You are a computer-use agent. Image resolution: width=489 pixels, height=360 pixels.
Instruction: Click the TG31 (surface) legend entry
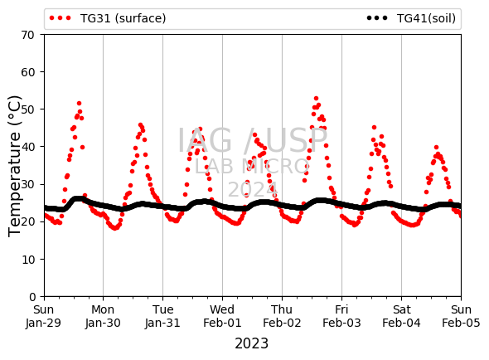(108, 18)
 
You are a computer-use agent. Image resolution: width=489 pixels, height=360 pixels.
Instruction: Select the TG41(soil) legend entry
(411, 18)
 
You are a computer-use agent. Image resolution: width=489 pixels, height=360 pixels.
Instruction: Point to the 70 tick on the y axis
(27, 35)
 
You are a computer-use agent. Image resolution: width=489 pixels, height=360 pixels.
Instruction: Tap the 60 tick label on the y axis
(27, 72)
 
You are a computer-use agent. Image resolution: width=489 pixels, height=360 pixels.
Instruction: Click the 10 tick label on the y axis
(27, 260)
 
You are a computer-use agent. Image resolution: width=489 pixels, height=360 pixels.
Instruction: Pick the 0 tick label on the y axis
(32, 297)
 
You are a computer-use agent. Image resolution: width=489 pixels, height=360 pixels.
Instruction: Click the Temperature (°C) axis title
(14, 166)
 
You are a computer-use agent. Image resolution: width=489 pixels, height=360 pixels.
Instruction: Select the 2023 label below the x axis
(251, 343)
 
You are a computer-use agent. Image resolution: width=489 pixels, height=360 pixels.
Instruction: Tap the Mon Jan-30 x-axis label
(103, 316)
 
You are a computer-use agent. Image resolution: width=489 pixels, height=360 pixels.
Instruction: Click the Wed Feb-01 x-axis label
(222, 316)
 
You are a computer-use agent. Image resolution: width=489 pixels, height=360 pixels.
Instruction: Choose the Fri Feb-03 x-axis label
(341, 316)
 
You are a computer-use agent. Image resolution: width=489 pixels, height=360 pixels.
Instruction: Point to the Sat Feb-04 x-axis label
(401, 316)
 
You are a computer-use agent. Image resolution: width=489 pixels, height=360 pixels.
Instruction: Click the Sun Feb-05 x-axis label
(461, 316)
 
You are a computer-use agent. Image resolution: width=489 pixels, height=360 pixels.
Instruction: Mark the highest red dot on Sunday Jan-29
(79, 104)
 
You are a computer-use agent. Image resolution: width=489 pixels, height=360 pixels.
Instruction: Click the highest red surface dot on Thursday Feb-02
(316, 99)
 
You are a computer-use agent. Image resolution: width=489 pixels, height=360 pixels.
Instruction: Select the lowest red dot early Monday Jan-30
(114, 228)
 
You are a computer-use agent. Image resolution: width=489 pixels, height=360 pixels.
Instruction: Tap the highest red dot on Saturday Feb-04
(436, 148)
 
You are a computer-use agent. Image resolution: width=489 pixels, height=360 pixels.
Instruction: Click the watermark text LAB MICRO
(252, 167)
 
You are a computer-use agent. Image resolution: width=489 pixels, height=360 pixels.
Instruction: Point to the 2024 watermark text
(253, 189)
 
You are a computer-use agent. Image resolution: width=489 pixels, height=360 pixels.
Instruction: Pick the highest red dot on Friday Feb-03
(375, 128)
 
